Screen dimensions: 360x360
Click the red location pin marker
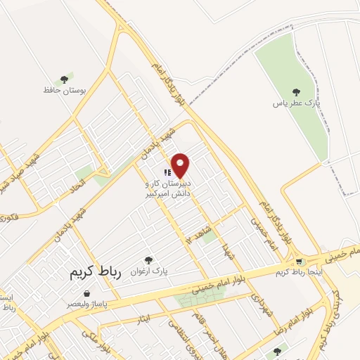[x=181, y=165]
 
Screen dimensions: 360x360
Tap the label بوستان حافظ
[x=65, y=90]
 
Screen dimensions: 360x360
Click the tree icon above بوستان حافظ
[x=65, y=79]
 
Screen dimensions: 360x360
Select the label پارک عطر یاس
[x=297, y=103]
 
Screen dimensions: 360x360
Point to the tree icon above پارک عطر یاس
[x=297, y=92]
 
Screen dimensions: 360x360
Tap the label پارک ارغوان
[x=148, y=271]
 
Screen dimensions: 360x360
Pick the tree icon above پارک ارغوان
[x=148, y=260]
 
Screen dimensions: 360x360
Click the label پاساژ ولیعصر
[x=86, y=304]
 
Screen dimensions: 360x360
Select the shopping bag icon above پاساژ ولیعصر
[x=86, y=293]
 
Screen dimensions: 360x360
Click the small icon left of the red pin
[x=167, y=172]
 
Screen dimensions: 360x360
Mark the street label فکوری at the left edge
[x=8, y=216]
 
